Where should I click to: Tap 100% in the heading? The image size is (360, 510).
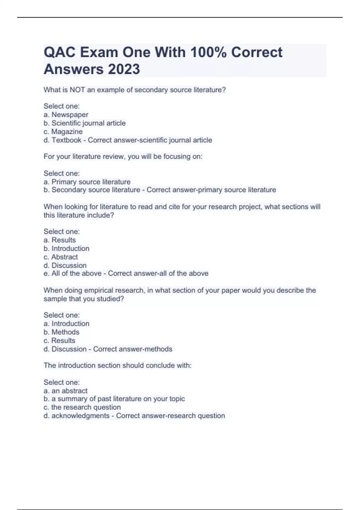208,52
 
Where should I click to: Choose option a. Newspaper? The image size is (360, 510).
66,115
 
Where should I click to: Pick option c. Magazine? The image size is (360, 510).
63,132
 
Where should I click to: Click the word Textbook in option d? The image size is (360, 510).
66,140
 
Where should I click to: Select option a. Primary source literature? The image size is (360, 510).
87,182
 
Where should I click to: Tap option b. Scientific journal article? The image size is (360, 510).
85,123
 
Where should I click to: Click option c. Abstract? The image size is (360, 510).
61,257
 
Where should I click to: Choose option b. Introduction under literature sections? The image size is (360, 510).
66,248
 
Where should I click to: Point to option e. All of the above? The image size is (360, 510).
73,273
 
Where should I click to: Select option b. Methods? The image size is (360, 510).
61,332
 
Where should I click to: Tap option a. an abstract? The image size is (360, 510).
65,391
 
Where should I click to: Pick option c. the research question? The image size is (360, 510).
82,407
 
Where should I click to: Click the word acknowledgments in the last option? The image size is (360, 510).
80,416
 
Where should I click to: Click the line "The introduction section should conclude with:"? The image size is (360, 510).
118,365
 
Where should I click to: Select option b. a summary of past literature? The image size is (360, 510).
114,399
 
